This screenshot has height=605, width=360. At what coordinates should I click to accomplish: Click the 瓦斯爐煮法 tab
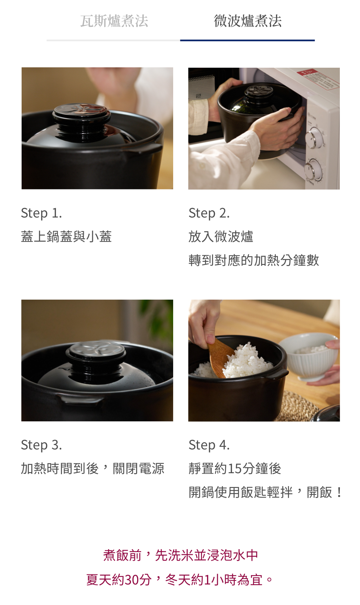(114, 21)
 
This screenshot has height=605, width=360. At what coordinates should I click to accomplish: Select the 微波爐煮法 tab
(248, 21)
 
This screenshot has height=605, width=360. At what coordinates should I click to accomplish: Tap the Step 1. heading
(42, 213)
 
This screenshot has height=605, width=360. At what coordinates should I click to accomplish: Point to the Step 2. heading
(209, 213)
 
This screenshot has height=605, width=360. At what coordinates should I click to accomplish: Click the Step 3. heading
(42, 445)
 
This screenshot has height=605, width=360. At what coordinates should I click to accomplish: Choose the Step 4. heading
(209, 445)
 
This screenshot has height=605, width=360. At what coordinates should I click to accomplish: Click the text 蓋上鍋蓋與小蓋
(67, 237)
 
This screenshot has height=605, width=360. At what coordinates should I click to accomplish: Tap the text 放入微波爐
(221, 237)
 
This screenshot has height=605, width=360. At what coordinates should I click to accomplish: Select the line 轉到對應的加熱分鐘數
(254, 260)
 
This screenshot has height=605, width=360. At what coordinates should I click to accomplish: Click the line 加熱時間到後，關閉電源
(93, 469)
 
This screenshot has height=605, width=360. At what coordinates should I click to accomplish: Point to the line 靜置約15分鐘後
(235, 469)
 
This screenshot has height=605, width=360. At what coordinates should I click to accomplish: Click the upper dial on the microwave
(314, 138)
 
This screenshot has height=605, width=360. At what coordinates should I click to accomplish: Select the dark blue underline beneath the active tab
(247, 40)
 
